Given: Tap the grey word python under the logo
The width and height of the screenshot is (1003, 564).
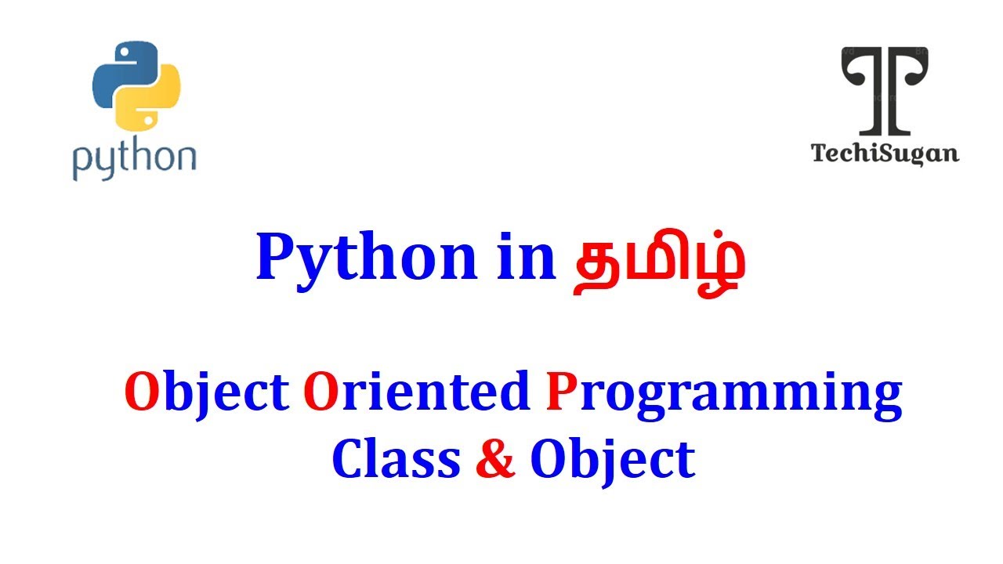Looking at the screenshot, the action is tap(134, 161).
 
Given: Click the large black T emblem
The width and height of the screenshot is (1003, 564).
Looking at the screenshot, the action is tap(885, 90).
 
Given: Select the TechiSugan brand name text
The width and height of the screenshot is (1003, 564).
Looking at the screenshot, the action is tap(885, 154).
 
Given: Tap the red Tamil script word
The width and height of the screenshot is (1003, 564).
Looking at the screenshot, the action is tap(660, 263).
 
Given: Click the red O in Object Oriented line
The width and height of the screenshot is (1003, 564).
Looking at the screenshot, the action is tap(142, 391).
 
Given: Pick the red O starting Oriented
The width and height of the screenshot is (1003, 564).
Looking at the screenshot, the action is tap(320, 391).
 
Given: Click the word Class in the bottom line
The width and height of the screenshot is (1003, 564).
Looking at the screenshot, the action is tap(396, 459).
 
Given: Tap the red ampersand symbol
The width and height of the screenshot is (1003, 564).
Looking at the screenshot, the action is tap(495, 459).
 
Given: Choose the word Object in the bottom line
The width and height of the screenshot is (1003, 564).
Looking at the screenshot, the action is tap(613, 461).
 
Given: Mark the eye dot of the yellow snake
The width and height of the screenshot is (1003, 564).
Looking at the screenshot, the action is tap(148, 120).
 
